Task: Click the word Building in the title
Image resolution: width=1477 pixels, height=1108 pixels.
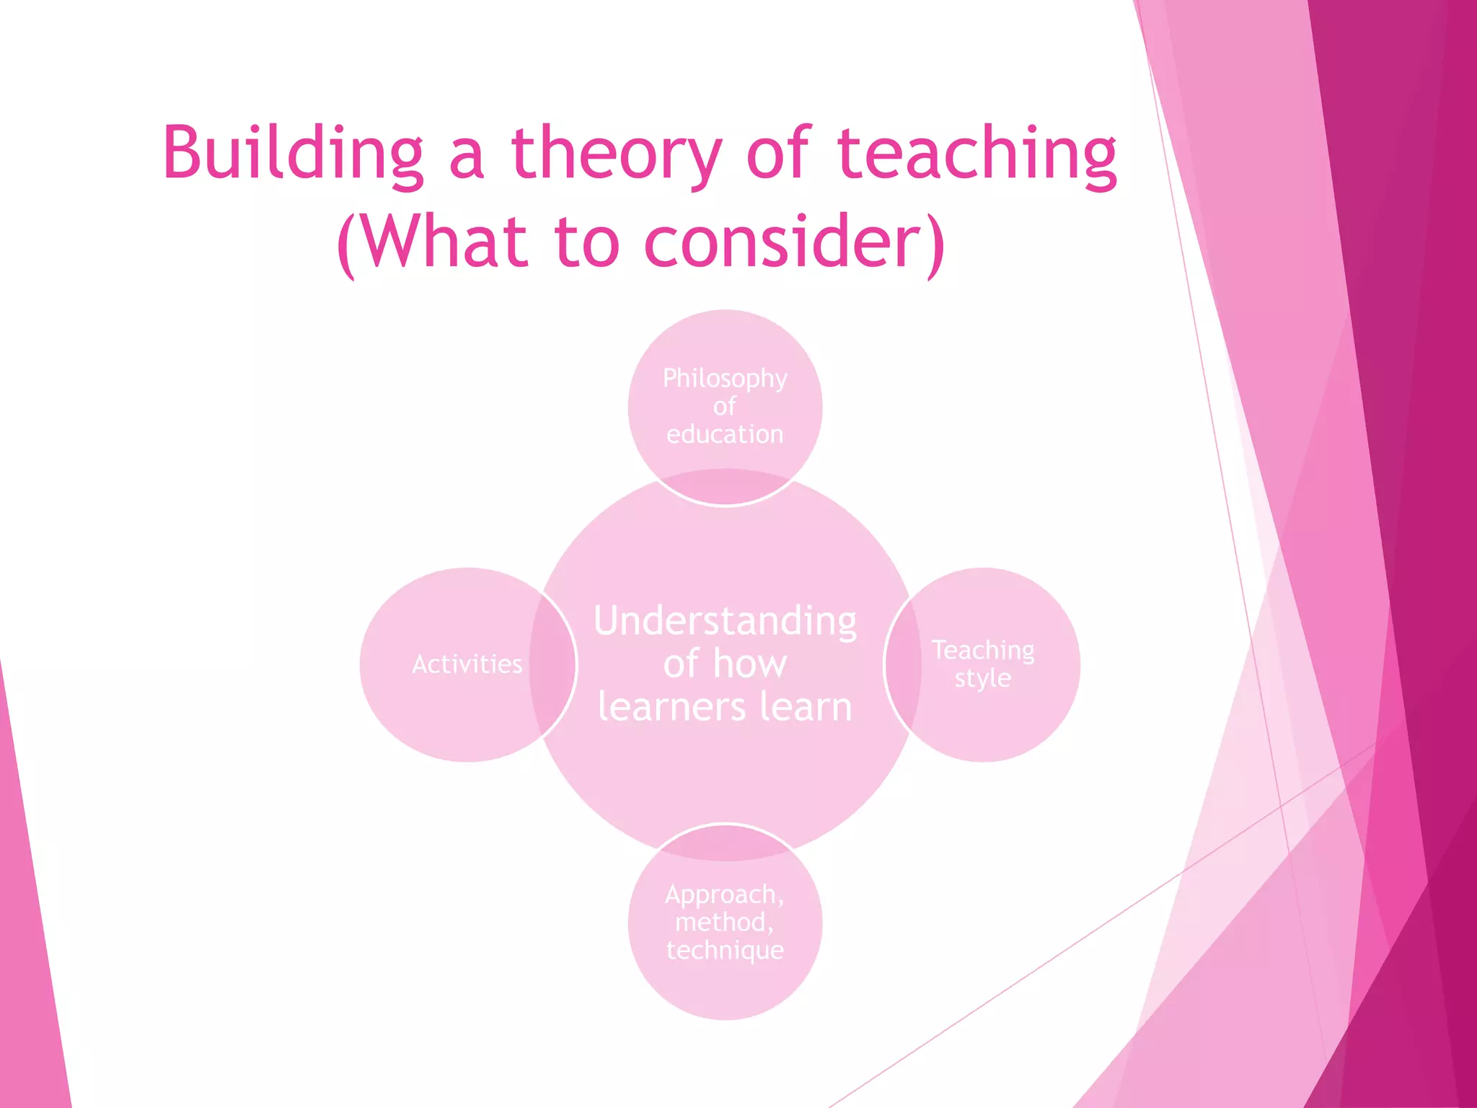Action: point(293,153)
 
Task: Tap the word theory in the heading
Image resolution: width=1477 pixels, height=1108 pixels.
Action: point(617,153)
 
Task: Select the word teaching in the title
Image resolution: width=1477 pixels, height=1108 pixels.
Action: point(977,153)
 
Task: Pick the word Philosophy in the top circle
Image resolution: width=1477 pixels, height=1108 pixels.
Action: point(725,378)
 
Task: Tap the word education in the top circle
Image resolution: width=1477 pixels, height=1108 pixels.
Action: point(725,434)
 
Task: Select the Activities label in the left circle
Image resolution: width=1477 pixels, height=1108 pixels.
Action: point(467,664)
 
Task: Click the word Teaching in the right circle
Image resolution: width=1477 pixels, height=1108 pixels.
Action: point(983,650)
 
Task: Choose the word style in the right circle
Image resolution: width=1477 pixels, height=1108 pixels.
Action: point(983,678)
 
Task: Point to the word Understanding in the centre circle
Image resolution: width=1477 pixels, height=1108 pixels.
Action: point(725,621)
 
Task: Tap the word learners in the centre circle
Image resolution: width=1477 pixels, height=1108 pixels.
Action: point(671,706)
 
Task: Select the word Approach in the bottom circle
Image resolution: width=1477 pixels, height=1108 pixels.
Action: point(721,894)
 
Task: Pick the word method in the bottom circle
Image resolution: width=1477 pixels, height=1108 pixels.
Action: point(721,922)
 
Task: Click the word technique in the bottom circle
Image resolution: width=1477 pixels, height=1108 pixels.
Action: point(725,950)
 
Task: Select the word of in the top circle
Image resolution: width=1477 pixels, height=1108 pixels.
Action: point(725,407)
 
